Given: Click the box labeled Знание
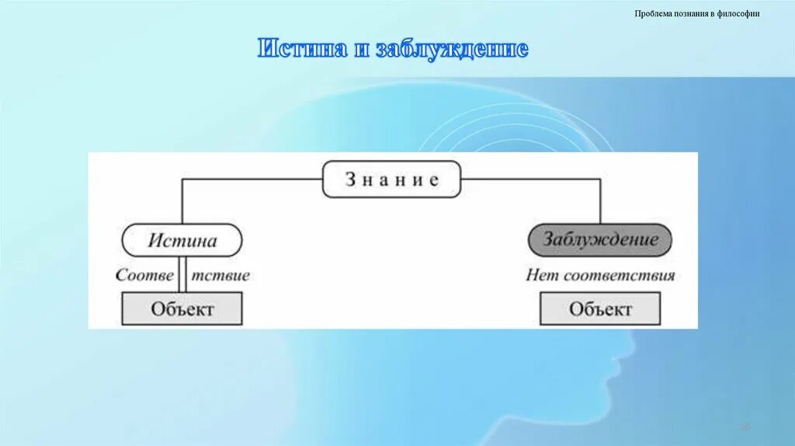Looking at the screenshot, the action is coord(391,180).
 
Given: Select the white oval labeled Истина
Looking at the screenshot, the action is coord(182,240).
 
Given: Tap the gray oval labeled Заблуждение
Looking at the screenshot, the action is coord(599,240).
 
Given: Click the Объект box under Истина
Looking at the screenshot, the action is coord(182,308).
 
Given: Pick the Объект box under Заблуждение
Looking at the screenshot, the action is coord(600,308).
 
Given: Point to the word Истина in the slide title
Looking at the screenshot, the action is coord(302,49).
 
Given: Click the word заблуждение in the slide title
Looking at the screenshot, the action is coord(452,49).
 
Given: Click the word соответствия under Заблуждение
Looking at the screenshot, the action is coord(619,275).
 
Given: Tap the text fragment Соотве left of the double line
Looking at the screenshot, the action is coord(145,275).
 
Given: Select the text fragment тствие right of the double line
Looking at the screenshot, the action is coord(221,275).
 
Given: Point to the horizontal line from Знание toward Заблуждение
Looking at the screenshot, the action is coord(531,179).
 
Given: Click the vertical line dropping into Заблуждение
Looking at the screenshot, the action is coord(600,202).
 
